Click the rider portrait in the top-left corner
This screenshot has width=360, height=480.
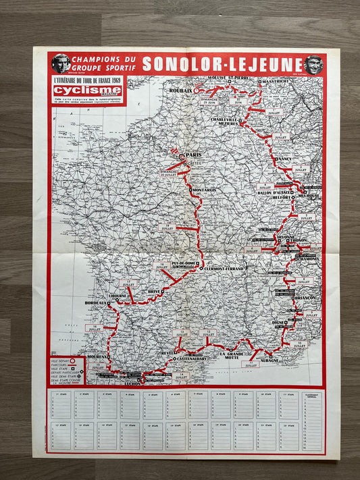(61, 64)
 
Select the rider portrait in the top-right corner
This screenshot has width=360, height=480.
(313, 64)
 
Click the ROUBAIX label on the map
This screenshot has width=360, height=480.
(181, 90)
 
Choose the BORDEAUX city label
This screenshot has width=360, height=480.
(95, 304)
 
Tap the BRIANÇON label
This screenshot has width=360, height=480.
(305, 298)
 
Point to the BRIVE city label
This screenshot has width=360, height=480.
(155, 292)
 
